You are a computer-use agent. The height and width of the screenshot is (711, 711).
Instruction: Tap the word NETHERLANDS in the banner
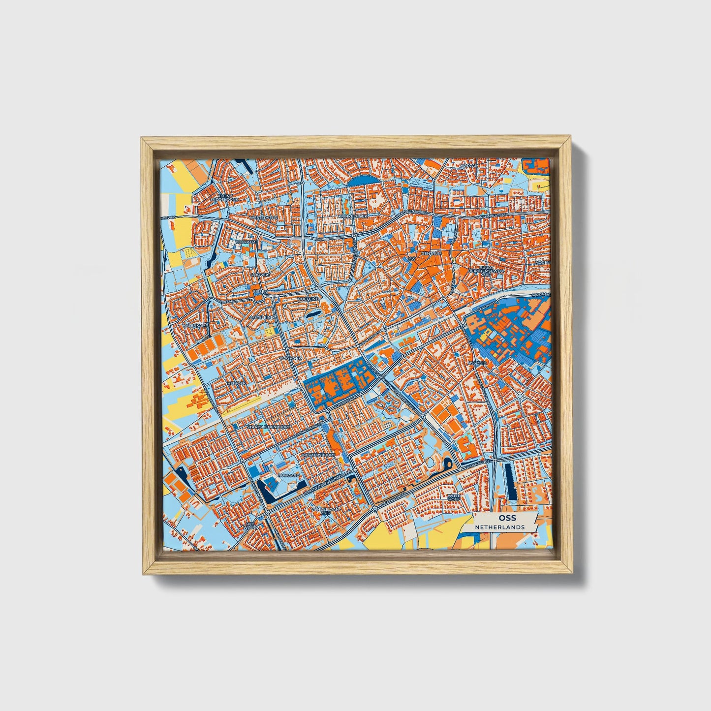499,527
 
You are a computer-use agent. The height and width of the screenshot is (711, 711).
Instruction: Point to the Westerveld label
264,217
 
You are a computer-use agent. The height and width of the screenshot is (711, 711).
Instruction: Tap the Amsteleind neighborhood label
261,318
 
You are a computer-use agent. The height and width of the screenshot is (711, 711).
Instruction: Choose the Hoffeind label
309,299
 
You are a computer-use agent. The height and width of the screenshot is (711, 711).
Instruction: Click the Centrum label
432,254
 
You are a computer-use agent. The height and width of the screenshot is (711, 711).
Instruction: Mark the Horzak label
469,166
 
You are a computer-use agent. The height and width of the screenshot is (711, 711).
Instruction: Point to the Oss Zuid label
478,363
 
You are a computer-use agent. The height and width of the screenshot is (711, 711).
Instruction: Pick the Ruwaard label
288,476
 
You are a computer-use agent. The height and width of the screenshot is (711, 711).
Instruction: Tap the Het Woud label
251,526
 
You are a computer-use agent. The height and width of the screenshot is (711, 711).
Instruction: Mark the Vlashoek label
290,358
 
